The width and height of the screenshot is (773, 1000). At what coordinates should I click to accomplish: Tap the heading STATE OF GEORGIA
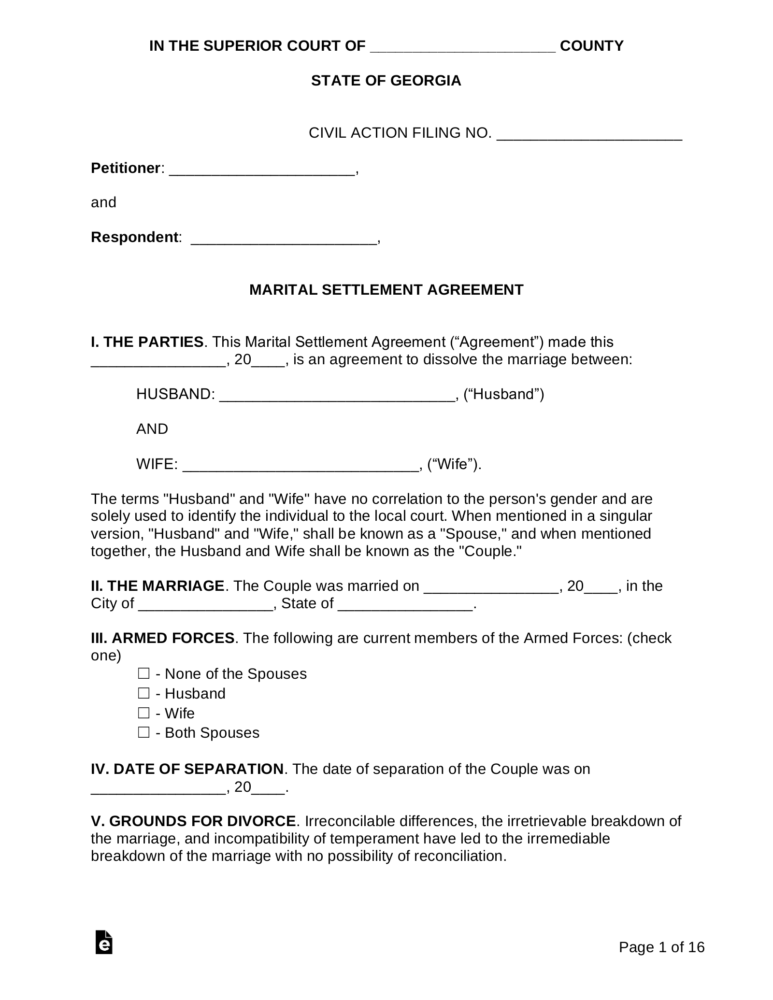(x=386, y=81)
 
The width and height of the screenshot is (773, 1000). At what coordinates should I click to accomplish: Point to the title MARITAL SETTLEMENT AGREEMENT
(x=386, y=290)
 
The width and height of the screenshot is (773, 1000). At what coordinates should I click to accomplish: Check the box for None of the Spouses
(x=143, y=673)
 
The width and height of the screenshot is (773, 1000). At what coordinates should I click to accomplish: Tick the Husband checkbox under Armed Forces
(x=143, y=693)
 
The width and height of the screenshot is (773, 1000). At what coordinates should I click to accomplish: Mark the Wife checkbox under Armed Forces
(x=143, y=713)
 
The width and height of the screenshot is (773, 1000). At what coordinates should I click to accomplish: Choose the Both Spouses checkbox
(x=143, y=732)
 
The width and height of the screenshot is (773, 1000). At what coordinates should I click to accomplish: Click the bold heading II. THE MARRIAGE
(x=157, y=586)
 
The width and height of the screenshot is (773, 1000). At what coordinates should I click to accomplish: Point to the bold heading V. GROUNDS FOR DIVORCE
(x=193, y=821)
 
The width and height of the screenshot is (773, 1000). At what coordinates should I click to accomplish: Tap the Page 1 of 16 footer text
(x=661, y=947)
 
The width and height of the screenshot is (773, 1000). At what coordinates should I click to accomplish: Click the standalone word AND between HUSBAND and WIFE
(x=152, y=429)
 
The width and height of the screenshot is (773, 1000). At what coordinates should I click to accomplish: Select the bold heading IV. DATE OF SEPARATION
(x=187, y=769)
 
